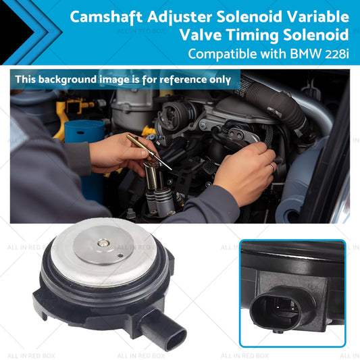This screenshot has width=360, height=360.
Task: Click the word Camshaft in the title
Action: coord(106,17)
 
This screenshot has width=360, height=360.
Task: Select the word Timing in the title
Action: coord(253,35)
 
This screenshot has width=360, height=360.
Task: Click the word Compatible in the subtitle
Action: coord(222,54)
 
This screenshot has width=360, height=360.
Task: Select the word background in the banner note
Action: coord(68,80)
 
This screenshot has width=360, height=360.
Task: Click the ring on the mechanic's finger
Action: coord(272,167)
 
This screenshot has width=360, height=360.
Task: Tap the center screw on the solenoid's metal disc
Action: coord(103,243)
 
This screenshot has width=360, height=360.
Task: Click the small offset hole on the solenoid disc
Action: coord(120,255)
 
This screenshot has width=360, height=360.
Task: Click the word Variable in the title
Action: coord(318,17)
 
